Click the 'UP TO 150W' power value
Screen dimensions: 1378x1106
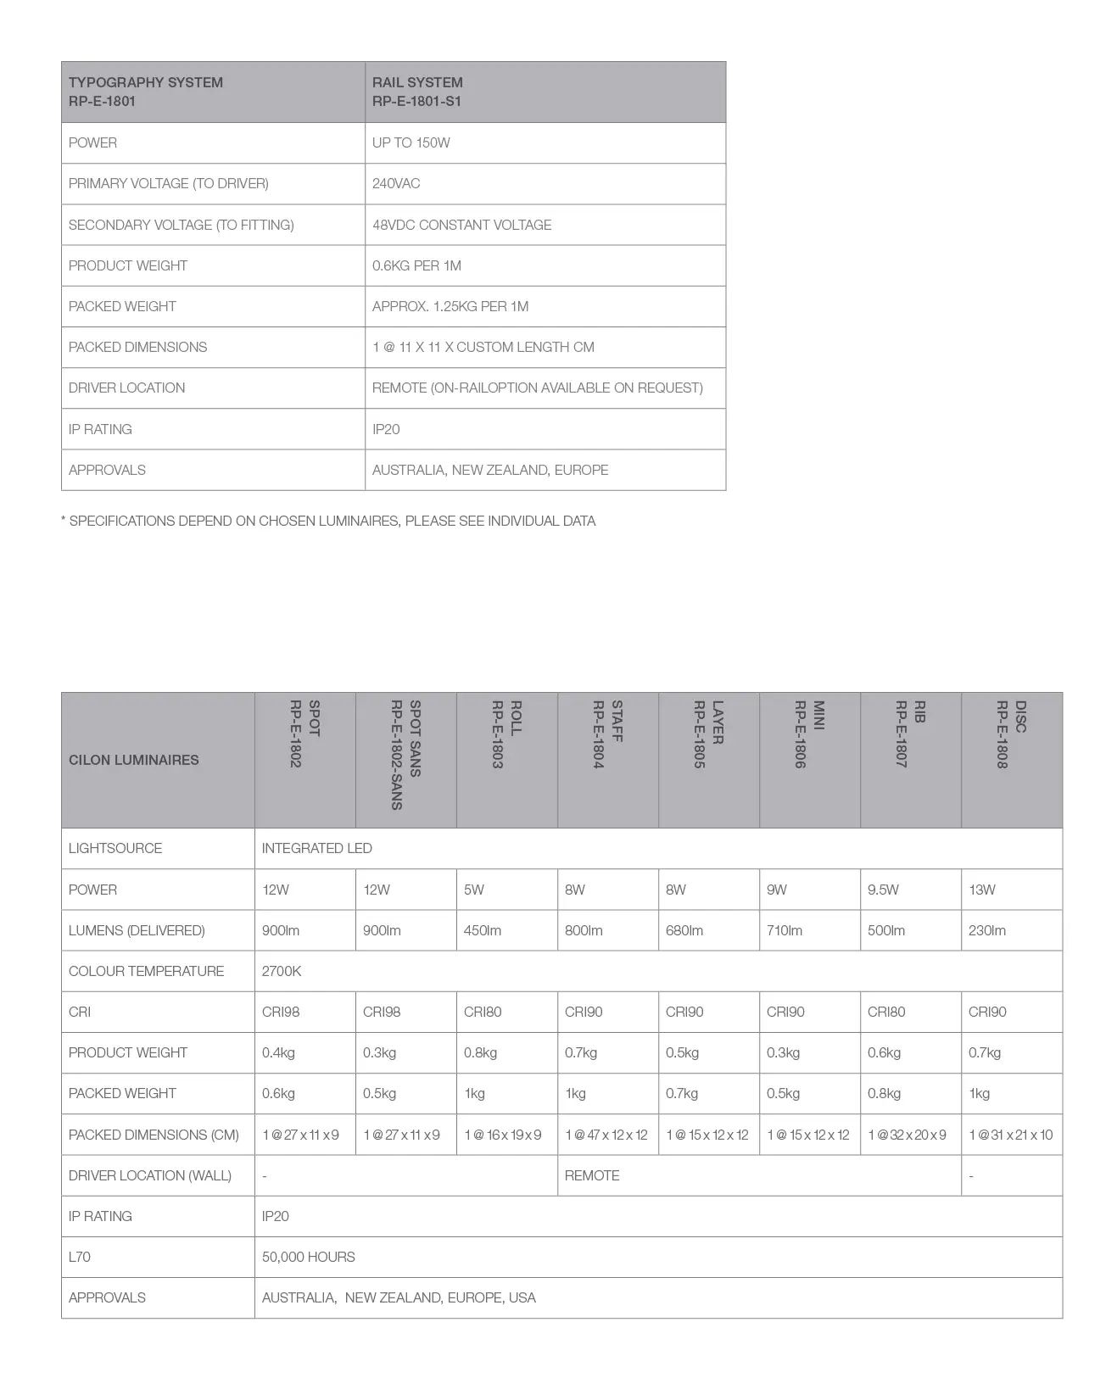pos(411,142)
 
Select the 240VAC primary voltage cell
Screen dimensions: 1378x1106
pos(396,183)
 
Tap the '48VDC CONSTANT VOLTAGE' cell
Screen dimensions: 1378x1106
pos(461,225)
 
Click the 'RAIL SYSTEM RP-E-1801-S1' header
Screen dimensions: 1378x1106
pos(417,92)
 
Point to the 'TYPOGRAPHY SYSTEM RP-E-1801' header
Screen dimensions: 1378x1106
pos(146,92)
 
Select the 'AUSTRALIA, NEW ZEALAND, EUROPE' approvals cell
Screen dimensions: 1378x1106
pos(490,470)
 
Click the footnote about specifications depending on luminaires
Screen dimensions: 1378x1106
pos(328,521)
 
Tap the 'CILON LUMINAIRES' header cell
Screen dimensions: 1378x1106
pos(134,760)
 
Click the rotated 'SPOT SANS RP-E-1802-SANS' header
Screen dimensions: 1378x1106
pos(405,754)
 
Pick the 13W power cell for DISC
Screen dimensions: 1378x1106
pos(982,890)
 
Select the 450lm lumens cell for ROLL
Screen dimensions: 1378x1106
pos(483,930)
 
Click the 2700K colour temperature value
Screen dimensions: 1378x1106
pos(282,971)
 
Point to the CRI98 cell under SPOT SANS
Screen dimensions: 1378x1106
pos(382,1012)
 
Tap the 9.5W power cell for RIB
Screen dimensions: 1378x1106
pos(883,890)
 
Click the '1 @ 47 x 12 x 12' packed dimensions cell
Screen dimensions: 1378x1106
pos(606,1135)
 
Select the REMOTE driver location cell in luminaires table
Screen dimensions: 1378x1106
pos(592,1175)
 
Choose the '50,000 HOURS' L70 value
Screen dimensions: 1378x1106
pos(309,1257)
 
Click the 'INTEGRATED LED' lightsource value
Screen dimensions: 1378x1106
pos(317,848)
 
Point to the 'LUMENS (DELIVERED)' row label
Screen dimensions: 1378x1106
pos(137,930)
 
